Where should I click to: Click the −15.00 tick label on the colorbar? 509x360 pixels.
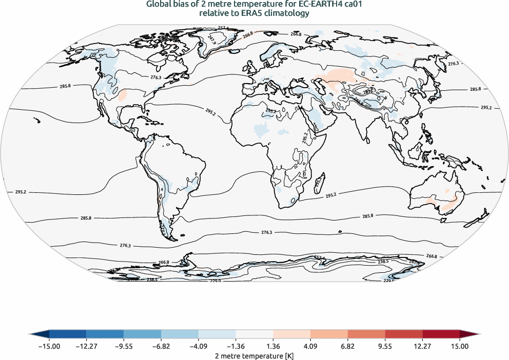49,347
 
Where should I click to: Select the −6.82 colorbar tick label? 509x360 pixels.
161,347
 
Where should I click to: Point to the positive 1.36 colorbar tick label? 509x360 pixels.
273,347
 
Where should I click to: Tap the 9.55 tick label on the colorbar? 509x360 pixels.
385,347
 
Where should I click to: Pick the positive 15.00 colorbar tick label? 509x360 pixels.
460,347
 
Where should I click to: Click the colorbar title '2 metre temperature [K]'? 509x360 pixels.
254,355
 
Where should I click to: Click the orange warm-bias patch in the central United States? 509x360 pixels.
123,95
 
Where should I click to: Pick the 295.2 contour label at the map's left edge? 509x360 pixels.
21,192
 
